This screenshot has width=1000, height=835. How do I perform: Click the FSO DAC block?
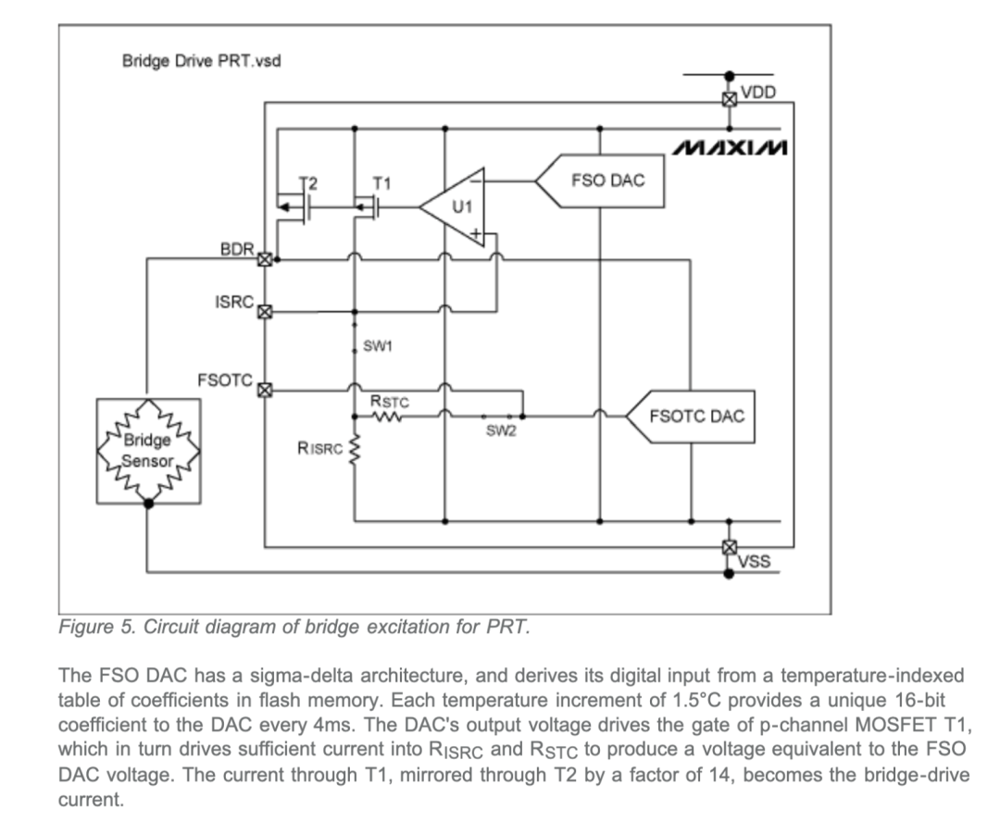[x=600, y=181]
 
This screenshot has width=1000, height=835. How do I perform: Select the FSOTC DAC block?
[x=691, y=417]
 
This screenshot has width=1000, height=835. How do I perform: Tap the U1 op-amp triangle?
[x=452, y=207]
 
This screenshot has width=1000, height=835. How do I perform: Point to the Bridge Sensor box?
[x=148, y=451]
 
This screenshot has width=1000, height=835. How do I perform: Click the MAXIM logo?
[x=731, y=148]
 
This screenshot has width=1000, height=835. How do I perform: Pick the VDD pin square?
[x=730, y=99]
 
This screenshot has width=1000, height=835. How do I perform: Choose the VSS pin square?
[x=730, y=547]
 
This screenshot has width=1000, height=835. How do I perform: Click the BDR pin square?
[x=265, y=259]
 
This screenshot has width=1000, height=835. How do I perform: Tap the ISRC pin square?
[x=265, y=312]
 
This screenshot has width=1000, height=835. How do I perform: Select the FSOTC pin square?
[x=265, y=390]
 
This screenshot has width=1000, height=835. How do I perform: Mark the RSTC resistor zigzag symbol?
[x=386, y=417]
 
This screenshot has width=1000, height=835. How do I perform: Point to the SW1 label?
[x=378, y=346]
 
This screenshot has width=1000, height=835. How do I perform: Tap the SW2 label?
[x=501, y=430]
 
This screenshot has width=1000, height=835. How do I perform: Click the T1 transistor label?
[x=382, y=183]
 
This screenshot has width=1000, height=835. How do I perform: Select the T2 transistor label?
[x=308, y=183]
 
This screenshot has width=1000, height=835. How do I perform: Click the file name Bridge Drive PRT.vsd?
[x=202, y=61]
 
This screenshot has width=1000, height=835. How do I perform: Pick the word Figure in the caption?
[x=86, y=628]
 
